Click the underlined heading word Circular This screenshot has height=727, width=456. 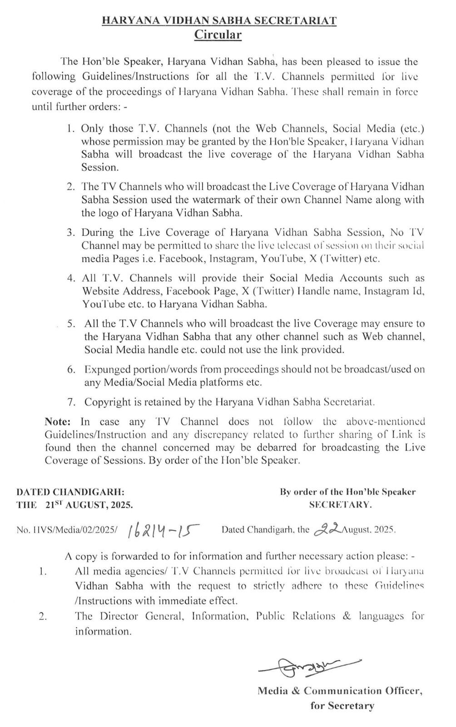click(218, 35)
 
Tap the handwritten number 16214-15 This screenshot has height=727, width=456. click(164, 530)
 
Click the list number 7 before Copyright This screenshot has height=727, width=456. click(70, 402)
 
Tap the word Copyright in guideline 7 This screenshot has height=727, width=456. click(107, 402)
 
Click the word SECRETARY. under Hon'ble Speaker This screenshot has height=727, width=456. click(341, 504)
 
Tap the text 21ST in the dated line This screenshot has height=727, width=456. click(54, 504)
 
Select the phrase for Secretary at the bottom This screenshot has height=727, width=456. click(342, 706)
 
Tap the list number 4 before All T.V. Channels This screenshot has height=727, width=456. click(70, 278)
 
